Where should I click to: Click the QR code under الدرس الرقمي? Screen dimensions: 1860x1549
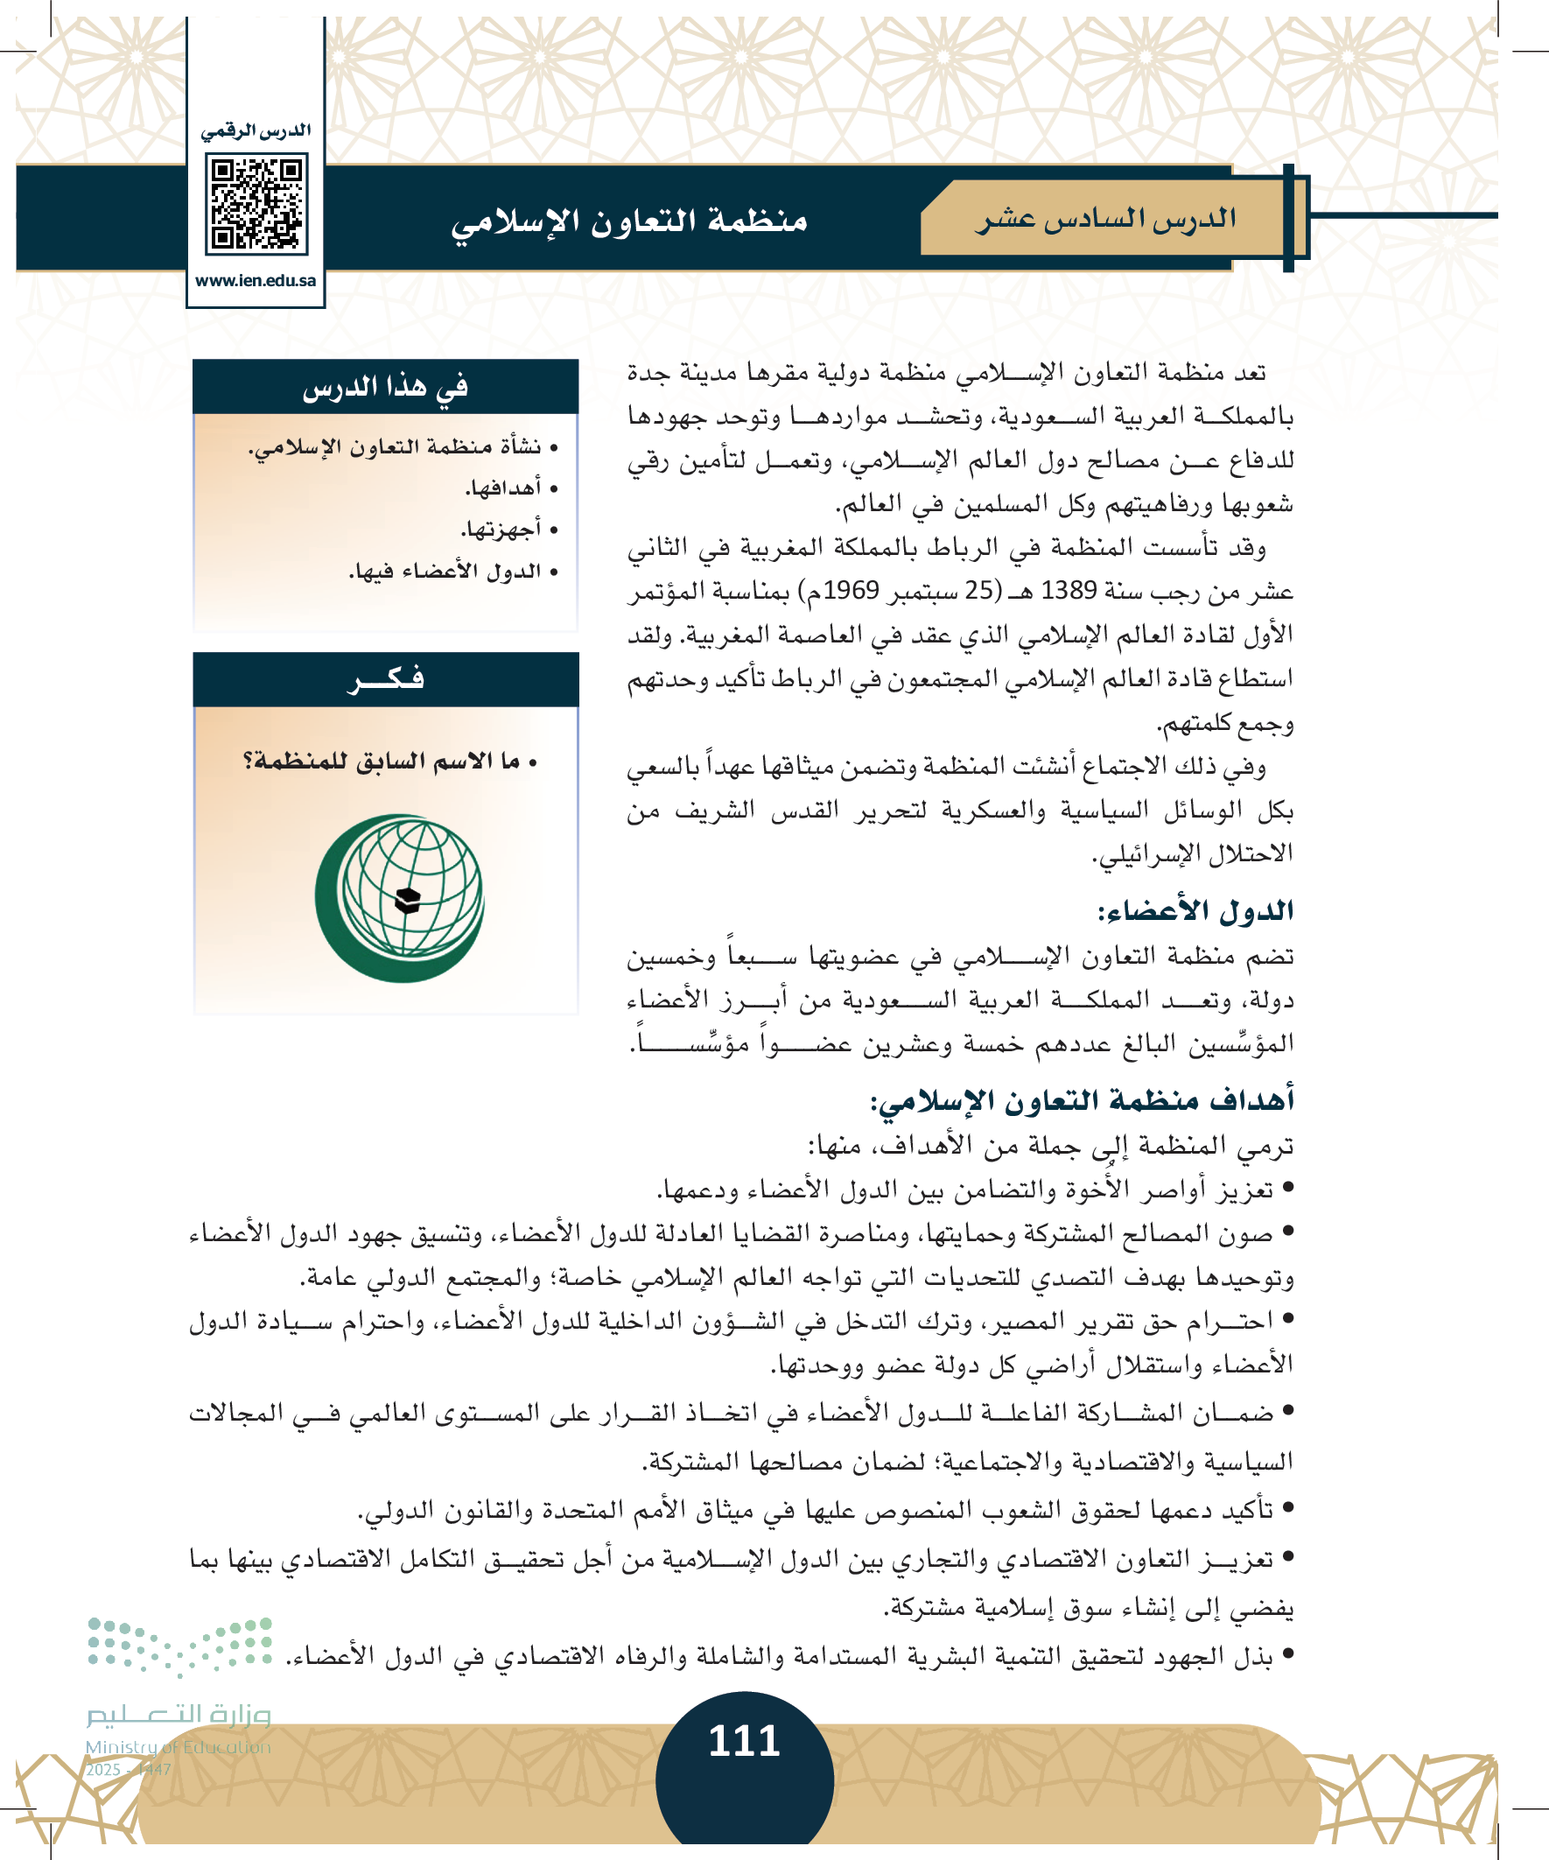(x=256, y=204)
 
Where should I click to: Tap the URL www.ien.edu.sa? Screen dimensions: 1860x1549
(x=256, y=281)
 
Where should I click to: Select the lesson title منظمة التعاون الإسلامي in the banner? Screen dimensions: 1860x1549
(x=630, y=221)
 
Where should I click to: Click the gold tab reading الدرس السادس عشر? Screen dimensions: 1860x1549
(x=1105, y=219)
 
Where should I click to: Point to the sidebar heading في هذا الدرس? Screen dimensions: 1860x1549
(x=385, y=387)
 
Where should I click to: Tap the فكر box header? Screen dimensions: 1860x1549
(x=385, y=679)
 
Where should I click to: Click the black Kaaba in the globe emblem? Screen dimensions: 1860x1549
(x=408, y=900)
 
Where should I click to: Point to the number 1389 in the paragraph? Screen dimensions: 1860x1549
(x=1069, y=591)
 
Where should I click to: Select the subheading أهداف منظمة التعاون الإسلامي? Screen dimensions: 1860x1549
(x=1083, y=1101)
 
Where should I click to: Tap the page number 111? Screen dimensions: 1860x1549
(x=744, y=1741)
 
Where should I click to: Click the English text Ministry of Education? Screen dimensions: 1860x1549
(x=178, y=1747)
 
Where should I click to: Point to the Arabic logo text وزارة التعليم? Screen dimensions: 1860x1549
(x=178, y=1716)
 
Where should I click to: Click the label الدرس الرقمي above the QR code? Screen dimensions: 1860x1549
(x=256, y=131)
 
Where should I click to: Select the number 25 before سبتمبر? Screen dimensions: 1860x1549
(x=979, y=591)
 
